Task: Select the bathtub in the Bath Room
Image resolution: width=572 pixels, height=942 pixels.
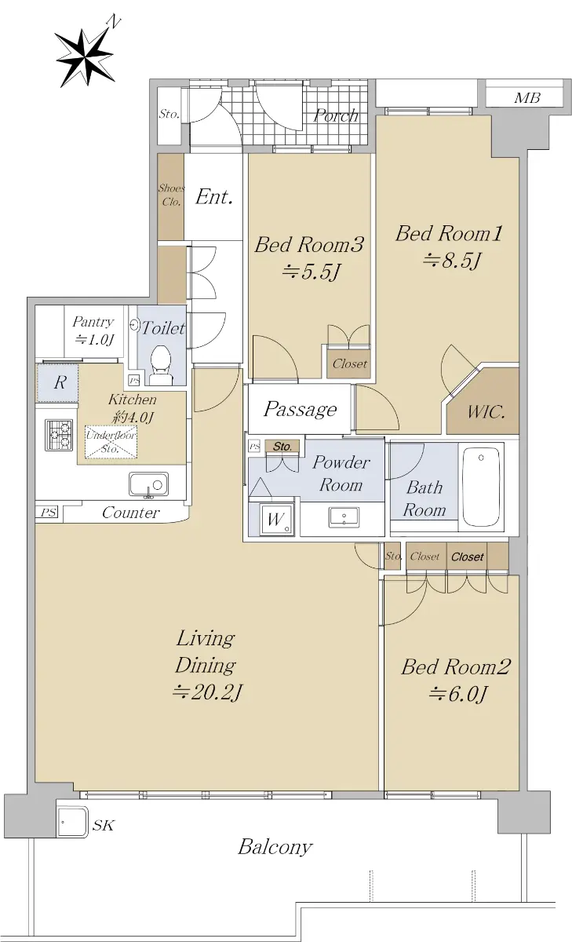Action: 481,487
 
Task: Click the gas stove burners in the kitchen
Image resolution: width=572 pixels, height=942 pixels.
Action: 58,435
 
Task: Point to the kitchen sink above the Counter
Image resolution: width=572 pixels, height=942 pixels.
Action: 148,484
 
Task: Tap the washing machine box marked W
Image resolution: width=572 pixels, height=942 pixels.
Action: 275,520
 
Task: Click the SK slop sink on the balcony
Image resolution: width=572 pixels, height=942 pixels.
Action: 71,822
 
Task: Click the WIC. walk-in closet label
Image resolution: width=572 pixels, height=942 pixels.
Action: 486,411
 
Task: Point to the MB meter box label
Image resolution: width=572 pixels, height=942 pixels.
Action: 526,98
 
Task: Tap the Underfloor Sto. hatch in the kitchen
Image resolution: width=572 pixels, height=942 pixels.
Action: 111,442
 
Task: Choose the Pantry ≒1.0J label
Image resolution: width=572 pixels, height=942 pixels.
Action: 93,330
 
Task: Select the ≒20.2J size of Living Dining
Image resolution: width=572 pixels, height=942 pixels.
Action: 207,692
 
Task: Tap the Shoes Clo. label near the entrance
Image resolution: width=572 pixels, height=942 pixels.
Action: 171,195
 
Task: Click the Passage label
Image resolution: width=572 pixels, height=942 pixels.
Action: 300,409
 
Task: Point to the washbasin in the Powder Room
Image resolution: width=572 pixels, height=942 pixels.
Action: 344,517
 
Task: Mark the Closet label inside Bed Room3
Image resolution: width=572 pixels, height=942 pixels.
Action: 349,363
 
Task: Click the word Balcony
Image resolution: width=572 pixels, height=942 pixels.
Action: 275,846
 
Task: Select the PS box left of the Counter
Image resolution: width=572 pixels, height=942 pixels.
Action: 49,513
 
